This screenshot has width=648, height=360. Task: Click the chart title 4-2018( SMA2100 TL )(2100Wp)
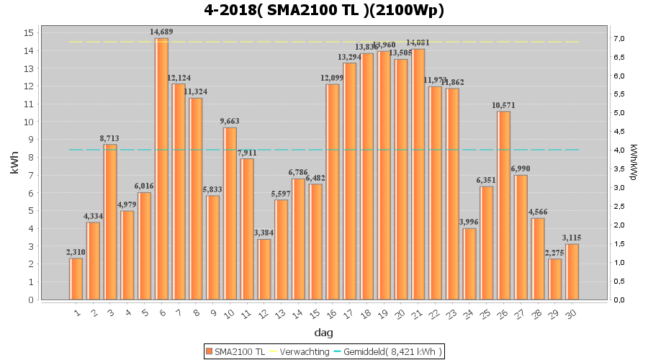(324, 10)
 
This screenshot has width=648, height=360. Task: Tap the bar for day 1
(76, 279)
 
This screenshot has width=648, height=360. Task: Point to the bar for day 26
(503, 205)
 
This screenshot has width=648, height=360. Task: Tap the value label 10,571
(503, 105)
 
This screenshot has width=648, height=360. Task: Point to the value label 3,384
(264, 233)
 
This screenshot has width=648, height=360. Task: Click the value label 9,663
(230, 121)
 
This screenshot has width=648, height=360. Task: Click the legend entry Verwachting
(300, 351)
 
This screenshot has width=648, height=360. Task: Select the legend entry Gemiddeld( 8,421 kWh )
(392, 351)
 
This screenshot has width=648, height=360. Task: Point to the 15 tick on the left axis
(29, 33)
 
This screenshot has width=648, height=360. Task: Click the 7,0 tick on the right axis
(597, 39)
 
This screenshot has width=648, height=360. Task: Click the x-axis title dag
(323, 333)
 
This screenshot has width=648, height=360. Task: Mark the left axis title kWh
(14, 166)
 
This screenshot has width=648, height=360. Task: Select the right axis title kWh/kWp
(633, 161)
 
